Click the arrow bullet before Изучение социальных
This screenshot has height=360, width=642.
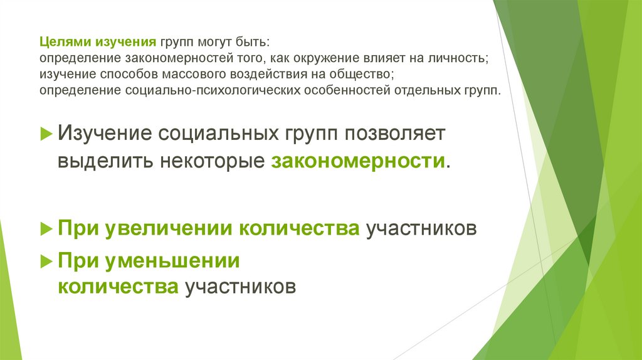(x=46, y=133)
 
